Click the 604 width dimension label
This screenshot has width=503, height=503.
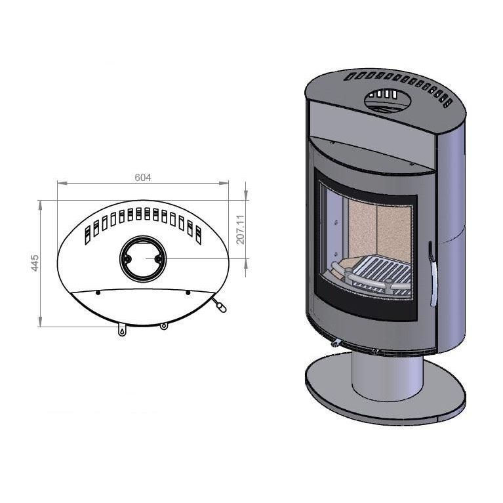[143, 178]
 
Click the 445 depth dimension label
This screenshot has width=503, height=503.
[35, 263]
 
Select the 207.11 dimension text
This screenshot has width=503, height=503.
[240, 230]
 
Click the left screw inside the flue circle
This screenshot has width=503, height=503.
[127, 258]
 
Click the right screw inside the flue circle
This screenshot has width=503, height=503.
[158, 258]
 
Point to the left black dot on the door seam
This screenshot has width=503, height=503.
[98, 292]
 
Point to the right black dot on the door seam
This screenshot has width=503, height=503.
[188, 292]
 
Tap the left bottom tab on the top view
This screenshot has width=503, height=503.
[122, 330]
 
